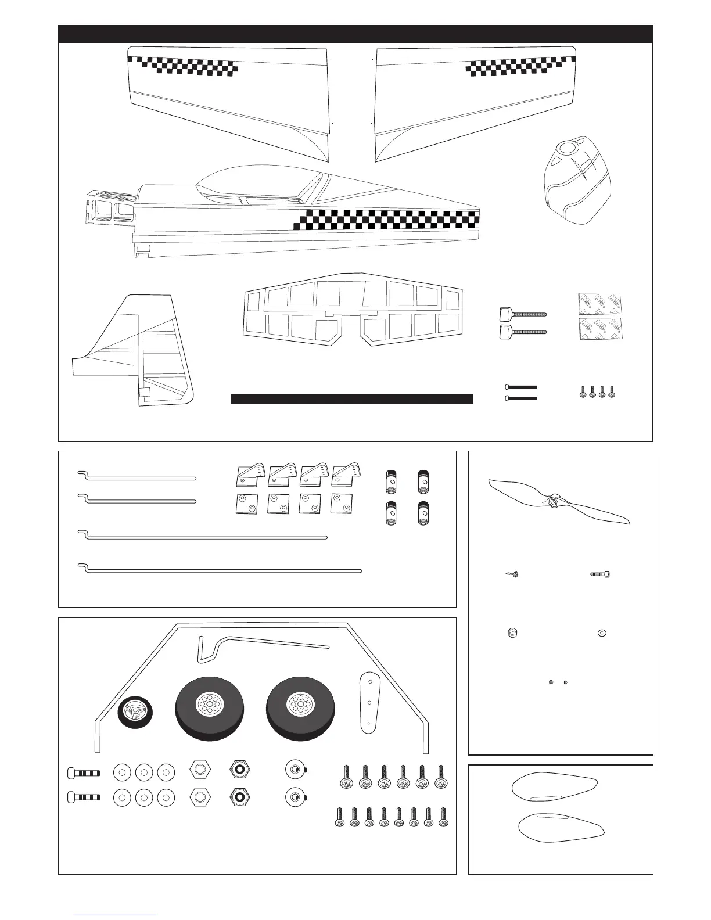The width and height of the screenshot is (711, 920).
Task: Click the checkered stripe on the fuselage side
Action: point(386,220)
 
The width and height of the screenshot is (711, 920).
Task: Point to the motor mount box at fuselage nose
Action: point(107,209)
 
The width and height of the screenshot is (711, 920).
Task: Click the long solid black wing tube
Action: point(351,398)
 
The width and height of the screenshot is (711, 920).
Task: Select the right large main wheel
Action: point(300,707)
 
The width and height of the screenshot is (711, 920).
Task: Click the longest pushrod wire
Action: point(221,570)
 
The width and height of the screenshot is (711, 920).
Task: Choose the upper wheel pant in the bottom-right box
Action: point(555,788)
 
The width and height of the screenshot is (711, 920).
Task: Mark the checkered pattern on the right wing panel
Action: point(515,68)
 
